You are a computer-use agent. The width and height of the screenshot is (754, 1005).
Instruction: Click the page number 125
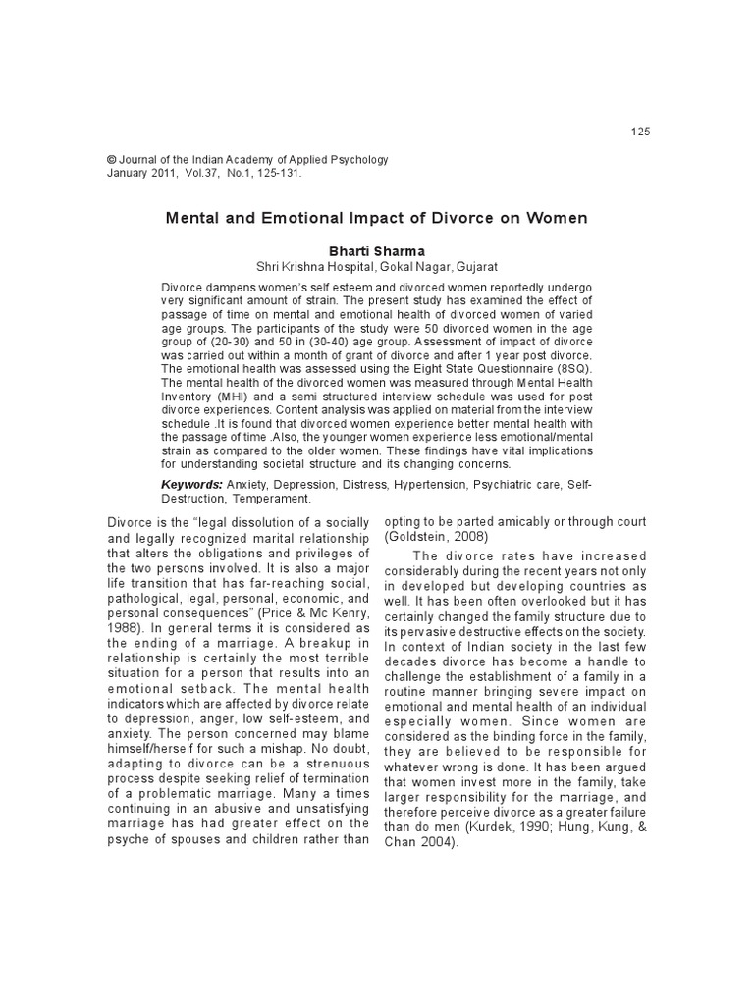coord(641,132)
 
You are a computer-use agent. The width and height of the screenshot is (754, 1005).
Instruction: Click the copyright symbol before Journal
coord(111,159)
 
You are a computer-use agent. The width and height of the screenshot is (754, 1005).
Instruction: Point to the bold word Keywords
coord(191,485)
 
